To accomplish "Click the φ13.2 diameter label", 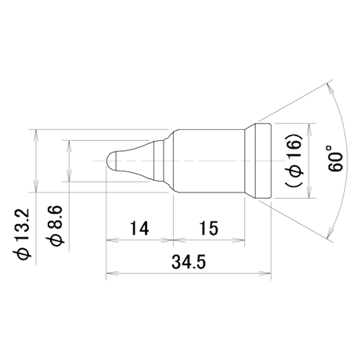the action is point(22,234).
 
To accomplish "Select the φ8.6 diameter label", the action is point(55,225).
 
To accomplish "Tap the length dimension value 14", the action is point(139,228).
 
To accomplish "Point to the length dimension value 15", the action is point(209,228).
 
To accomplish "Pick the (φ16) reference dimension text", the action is point(294,160).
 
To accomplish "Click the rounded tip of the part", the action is point(111,160).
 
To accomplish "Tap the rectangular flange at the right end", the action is point(263,160).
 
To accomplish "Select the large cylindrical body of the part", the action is point(209,160).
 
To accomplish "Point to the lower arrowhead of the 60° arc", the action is point(329,232).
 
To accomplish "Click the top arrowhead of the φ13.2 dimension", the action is point(36,135).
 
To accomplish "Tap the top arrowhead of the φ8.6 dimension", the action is point(69,146).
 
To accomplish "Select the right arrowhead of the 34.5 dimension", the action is point(265,273).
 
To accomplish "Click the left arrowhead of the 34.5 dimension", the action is point(112,273).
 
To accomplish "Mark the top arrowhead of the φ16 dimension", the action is point(309,129).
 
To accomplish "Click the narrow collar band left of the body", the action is point(159,160).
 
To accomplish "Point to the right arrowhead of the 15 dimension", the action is point(239,240).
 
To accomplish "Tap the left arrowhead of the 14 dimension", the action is point(112,240).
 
